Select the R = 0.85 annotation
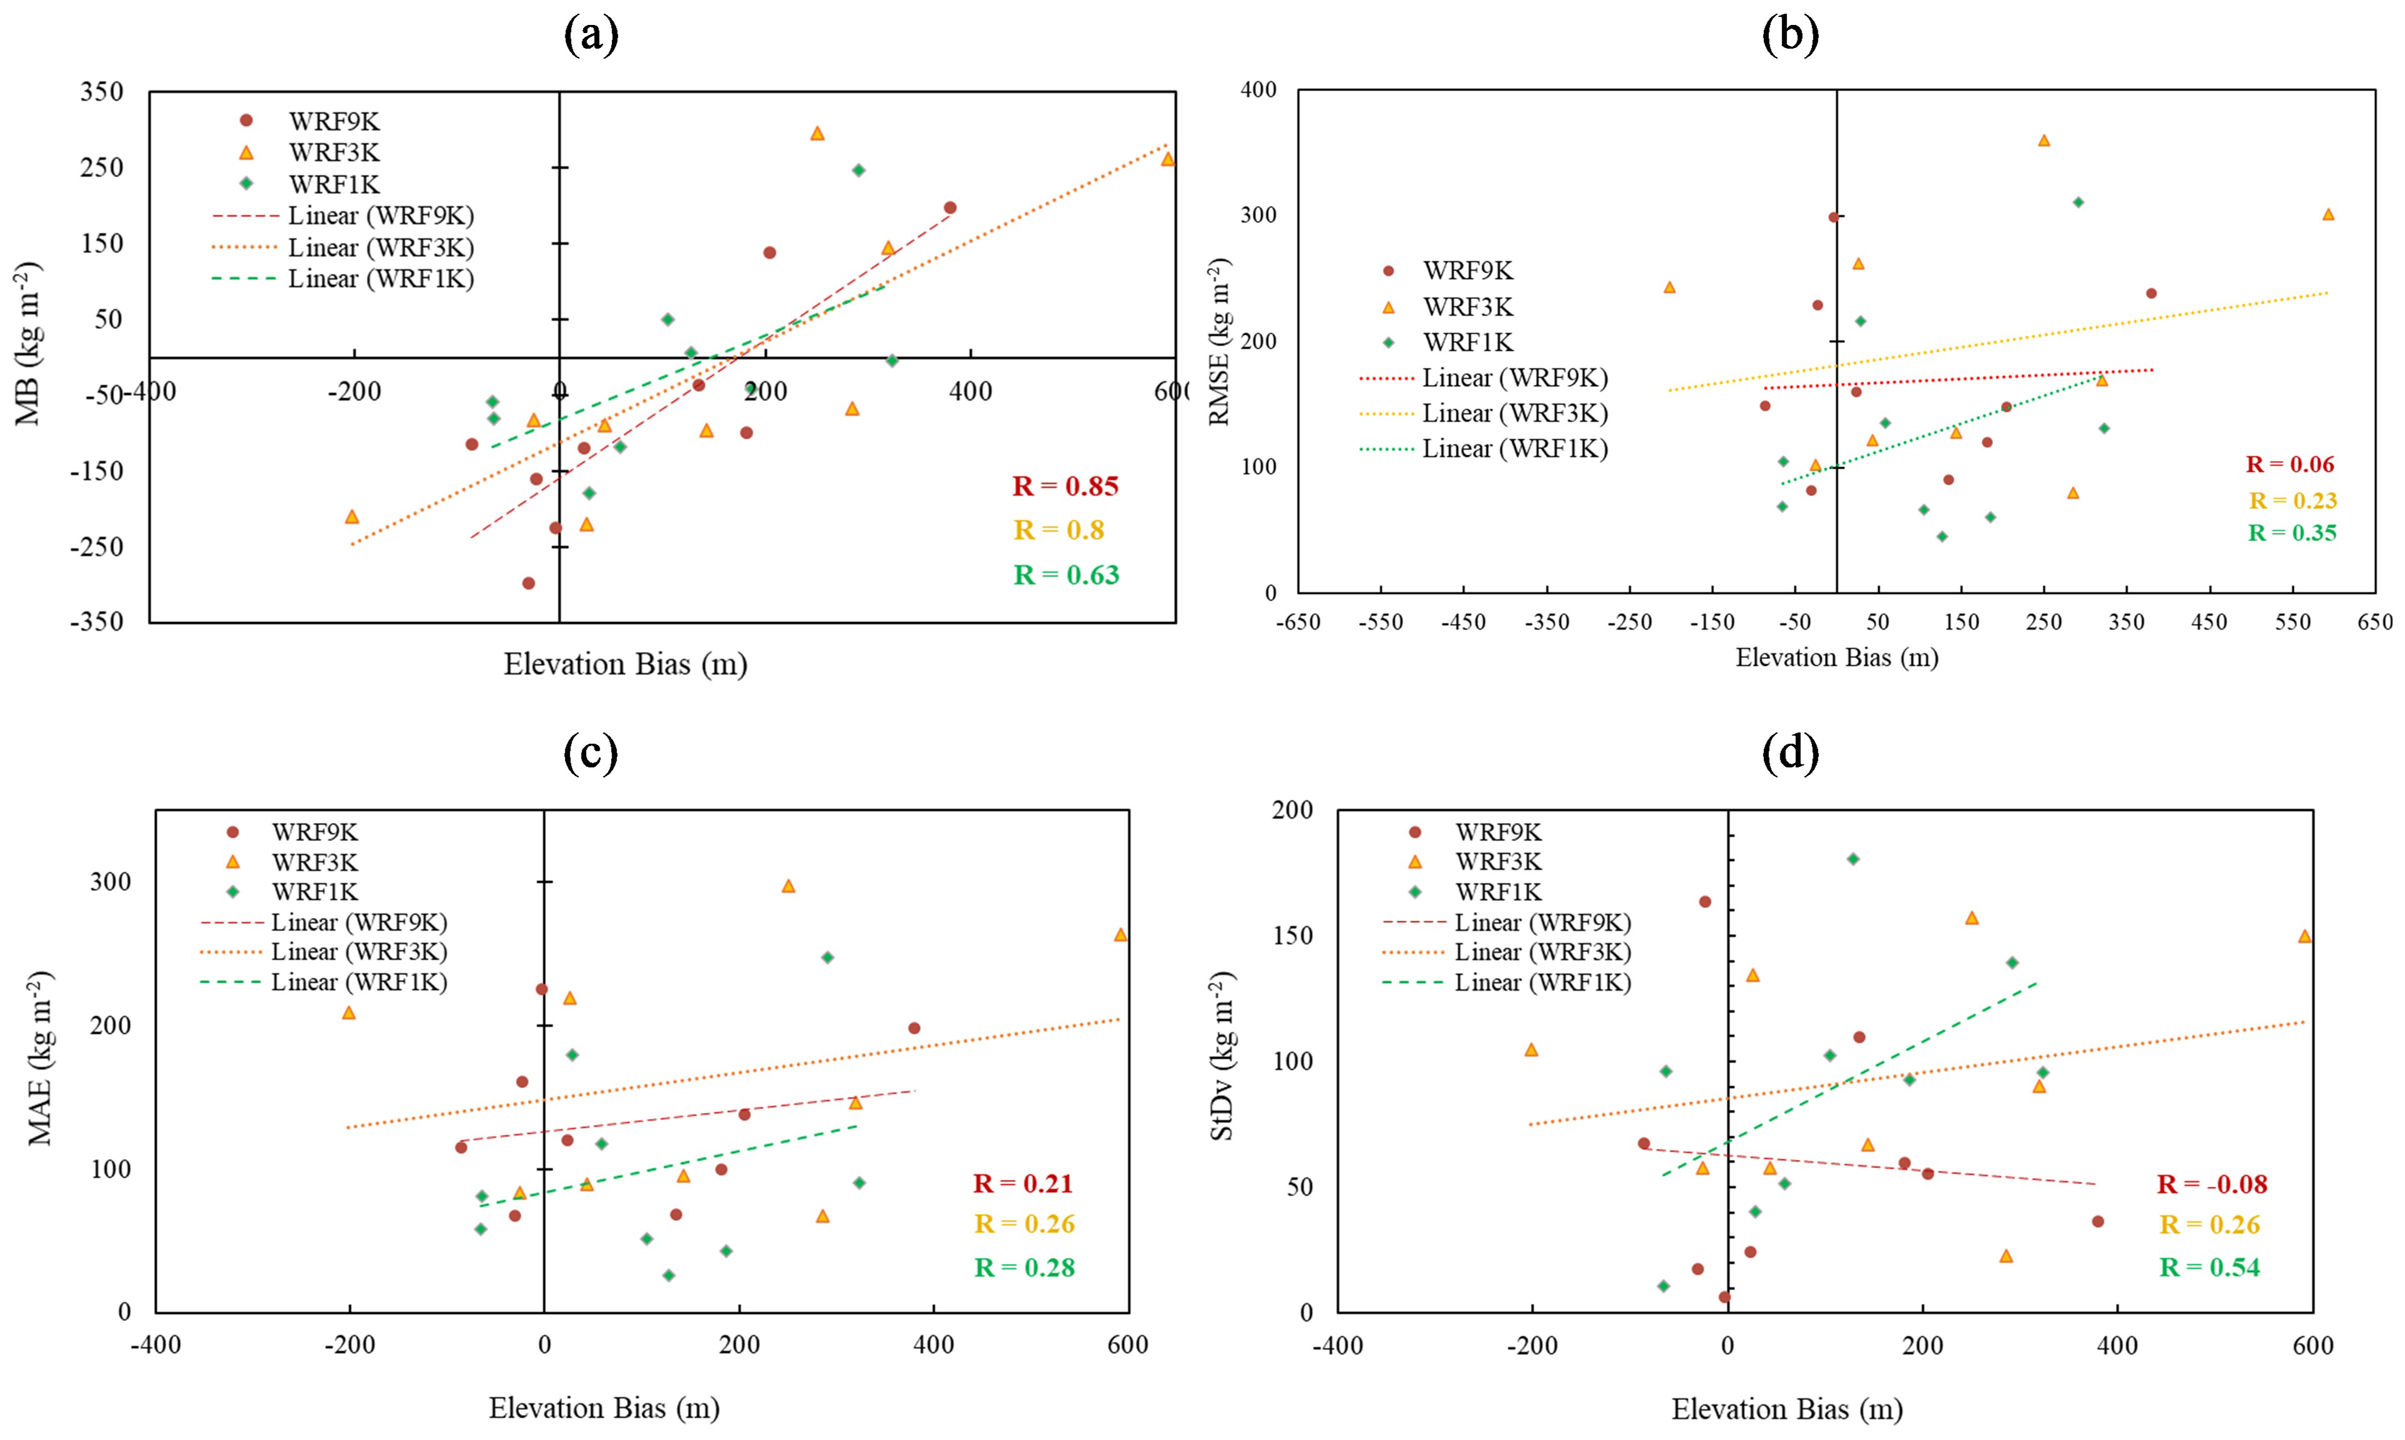pyautogui.click(x=1065, y=486)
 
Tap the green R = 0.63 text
pyautogui.click(x=1065, y=575)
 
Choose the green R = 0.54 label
pyautogui.click(x=2209, y=1267)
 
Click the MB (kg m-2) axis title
pyautogui.click(x=29, y=344)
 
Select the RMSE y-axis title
pyautogui.click(x=1220, y=341)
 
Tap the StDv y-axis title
pyautogui.click(x=1222, y=1056)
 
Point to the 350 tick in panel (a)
pyautogui.click(x=102, y=92)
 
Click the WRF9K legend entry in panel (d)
pyautogui.click(x=1497, y=832)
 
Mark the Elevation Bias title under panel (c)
pyautogui.click(x=604, y=1408)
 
